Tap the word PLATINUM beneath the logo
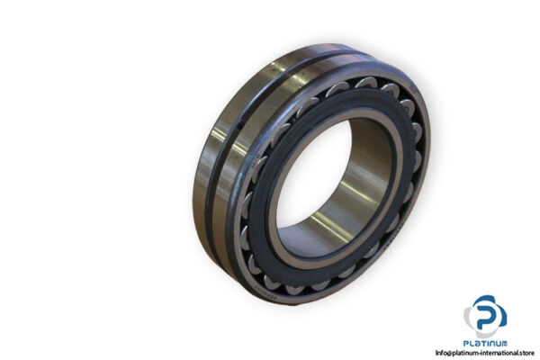(486, 343)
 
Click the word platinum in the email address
(468, 353)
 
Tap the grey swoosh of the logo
(472, 317)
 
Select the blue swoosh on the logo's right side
(499, 314)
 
